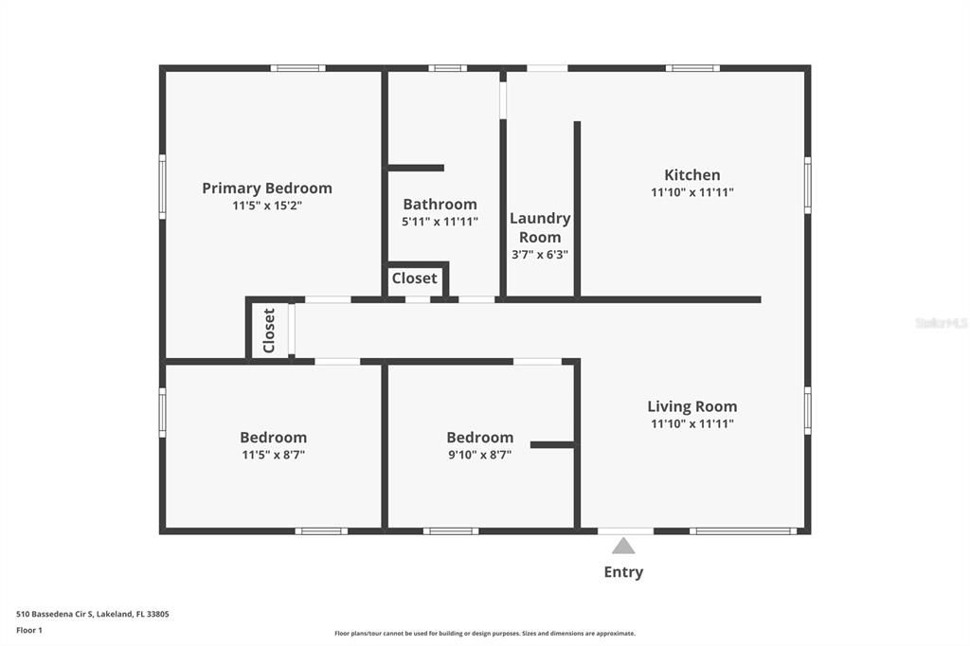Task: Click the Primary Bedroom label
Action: coord(267,188)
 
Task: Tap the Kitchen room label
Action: coord(692,174)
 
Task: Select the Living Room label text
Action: coord(692,406)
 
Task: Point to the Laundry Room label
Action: coord(540,227)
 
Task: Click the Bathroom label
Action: coord(440,205)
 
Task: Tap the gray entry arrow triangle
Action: coord(623,546)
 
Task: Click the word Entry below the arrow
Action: coord(623,572)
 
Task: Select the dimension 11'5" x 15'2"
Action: coord(267,206)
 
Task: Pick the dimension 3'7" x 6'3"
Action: coord(540,254)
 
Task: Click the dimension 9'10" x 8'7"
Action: coord(480,455)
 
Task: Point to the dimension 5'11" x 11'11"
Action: coord(440,222)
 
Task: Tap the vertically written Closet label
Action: coord(269,331)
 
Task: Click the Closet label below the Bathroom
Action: coord(415,278)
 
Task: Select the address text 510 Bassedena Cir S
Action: coord(54,614)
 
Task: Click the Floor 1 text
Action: coord(29,630)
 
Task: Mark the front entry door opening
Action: coord(625,530)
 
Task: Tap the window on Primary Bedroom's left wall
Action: coord(163,187)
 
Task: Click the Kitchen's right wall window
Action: coord(807,185)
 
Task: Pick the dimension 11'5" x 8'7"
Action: coord(274,455)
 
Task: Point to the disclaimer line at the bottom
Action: coord(485,633)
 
